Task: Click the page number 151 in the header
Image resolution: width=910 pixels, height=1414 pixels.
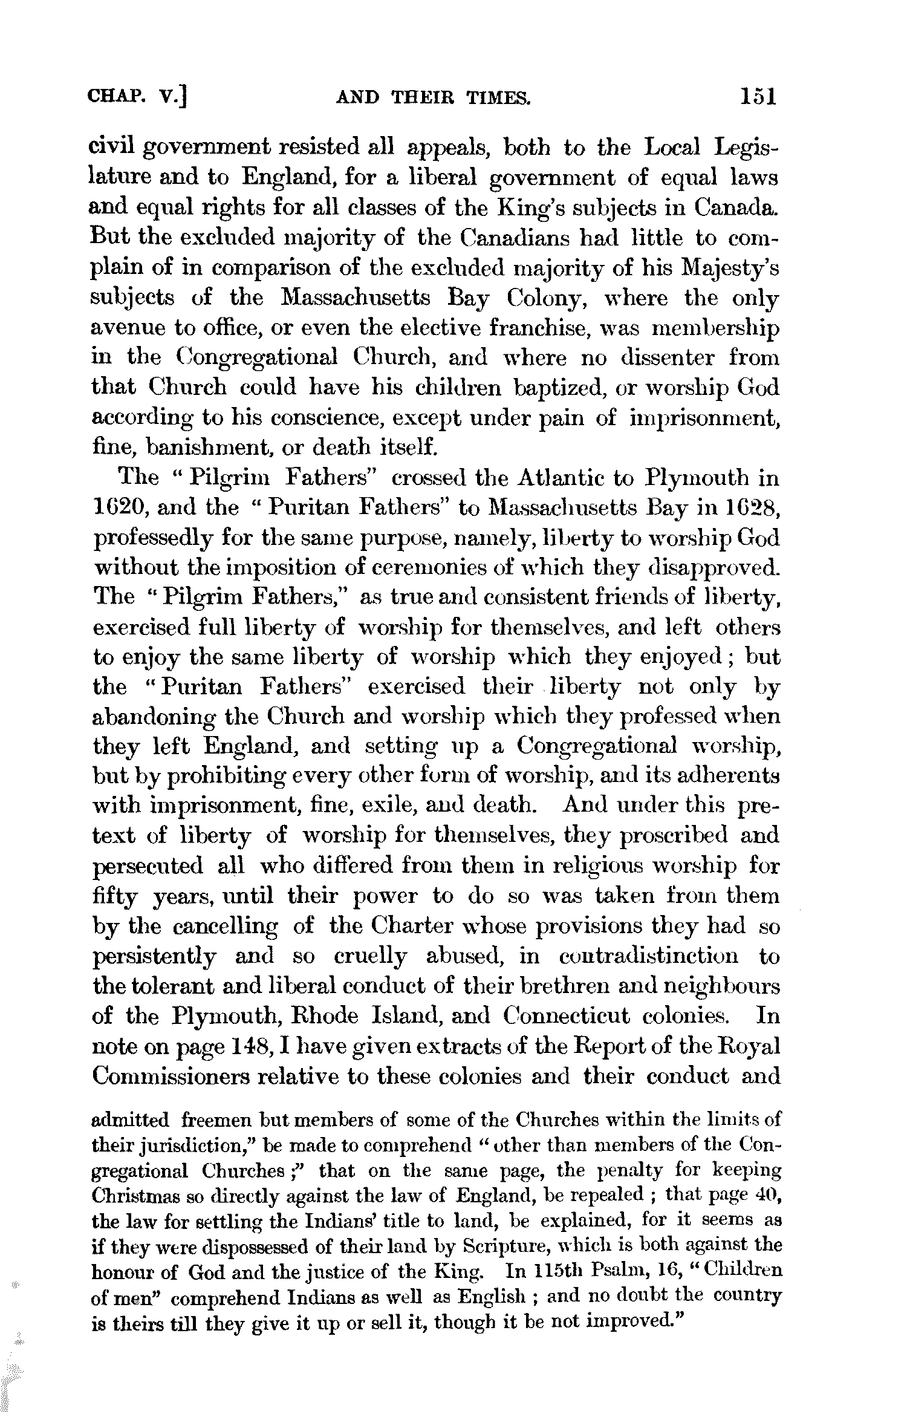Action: click(x=756, y=97)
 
